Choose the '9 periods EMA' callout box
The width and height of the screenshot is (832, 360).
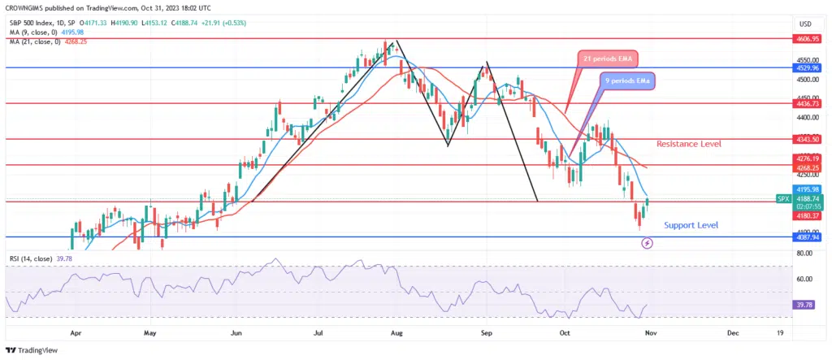628,80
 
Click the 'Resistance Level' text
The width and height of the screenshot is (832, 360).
689,144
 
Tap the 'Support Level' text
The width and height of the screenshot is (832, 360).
691,225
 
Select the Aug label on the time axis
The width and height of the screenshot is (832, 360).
396,333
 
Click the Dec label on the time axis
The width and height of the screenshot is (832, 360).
732,333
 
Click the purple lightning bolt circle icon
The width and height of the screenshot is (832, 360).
648,243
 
